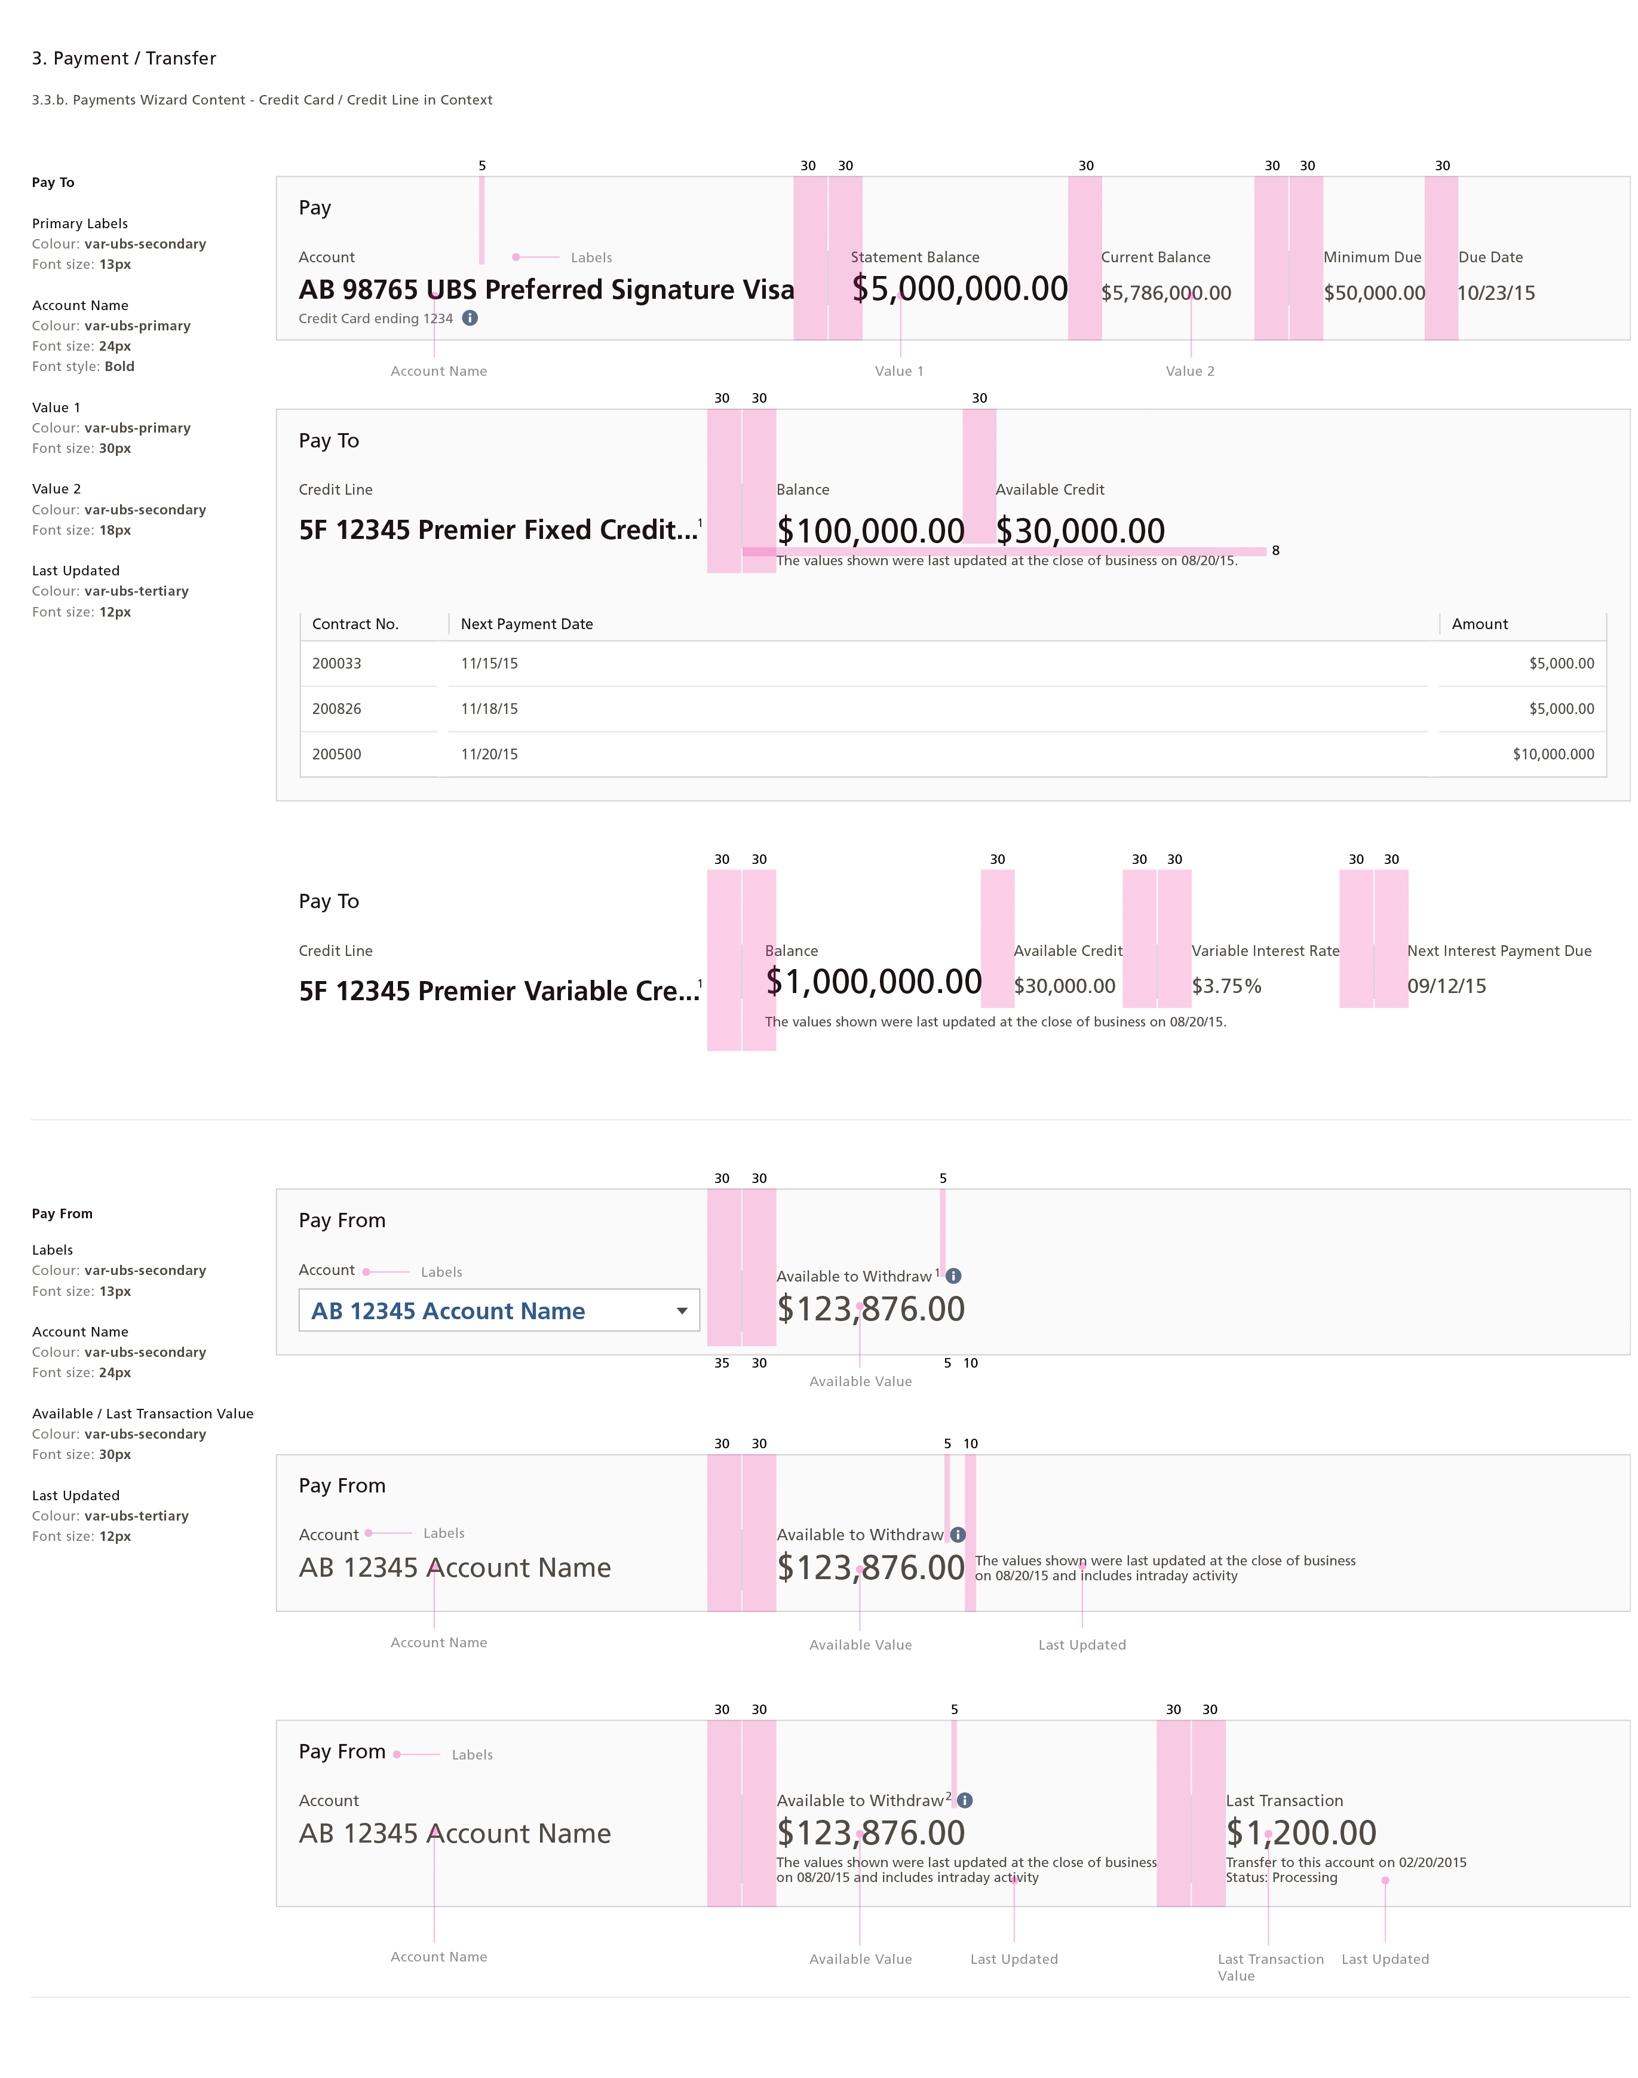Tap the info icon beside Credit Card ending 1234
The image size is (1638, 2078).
pos(470,318)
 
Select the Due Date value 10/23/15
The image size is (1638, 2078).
pos(1496,293)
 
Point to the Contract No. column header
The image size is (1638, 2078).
pos(355,624)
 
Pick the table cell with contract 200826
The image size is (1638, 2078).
pos(336,709)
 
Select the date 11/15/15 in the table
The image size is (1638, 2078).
pos(489,664)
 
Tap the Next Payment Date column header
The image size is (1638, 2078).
pos(526,624)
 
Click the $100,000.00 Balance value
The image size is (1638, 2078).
pos(870,531)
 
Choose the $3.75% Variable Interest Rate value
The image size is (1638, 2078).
pos(1226,986)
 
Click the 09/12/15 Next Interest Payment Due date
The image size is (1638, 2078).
pos(1446,986)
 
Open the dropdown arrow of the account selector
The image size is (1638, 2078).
pos(682,1311)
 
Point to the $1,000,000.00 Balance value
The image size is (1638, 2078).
pos(873,981)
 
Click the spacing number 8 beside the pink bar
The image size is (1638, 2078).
pos(1275,550)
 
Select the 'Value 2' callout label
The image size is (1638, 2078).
pos(1189,371)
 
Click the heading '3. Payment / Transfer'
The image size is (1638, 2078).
pos(124,59)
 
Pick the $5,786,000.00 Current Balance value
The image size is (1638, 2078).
pos(1165,293)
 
